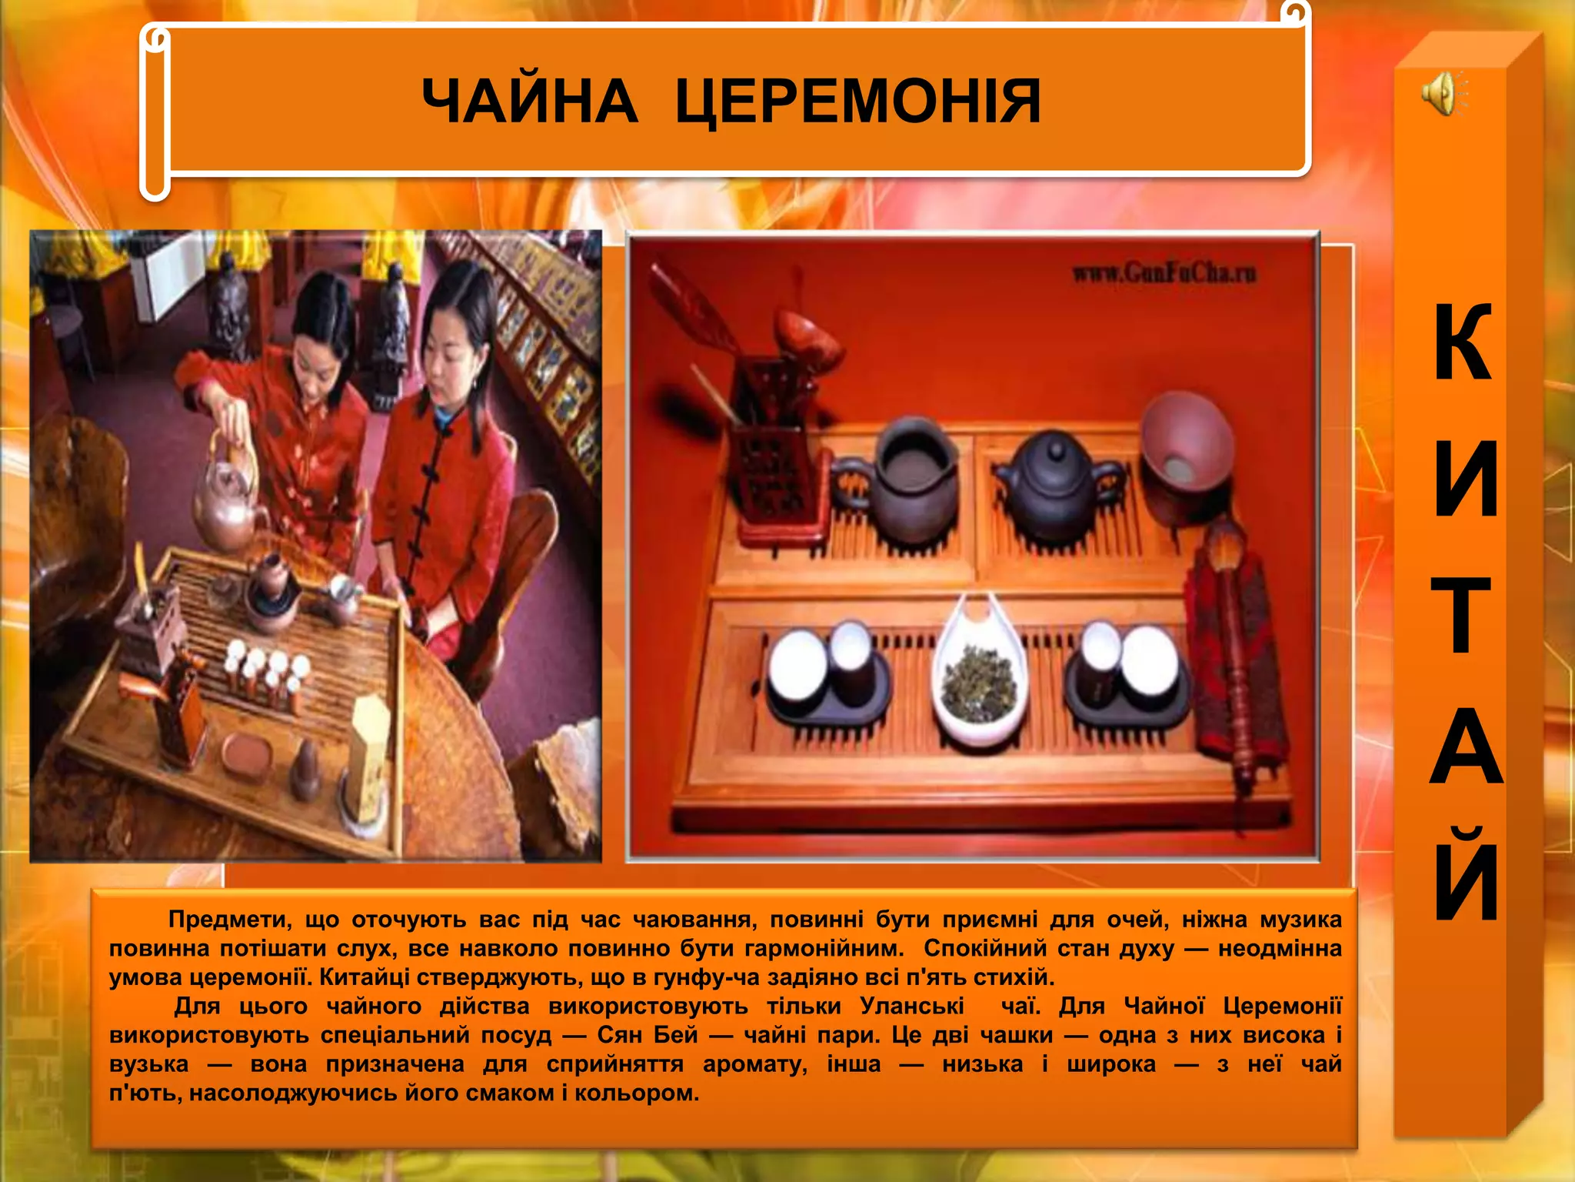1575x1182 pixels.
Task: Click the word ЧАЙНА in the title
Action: (529, 101)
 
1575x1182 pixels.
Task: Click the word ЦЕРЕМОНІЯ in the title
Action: (858, 101)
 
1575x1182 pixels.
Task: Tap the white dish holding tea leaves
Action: (979, 677)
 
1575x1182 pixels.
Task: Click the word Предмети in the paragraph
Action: (230, 919)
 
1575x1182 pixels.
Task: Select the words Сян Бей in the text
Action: (647, 1035)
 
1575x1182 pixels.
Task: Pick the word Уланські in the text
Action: (912, 1006)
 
